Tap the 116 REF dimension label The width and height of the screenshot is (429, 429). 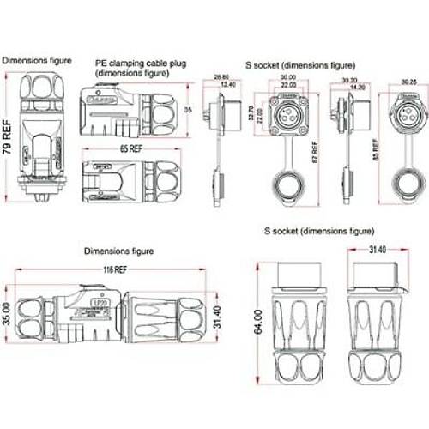[115, 269]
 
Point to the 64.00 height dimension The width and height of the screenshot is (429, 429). [258, 317]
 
